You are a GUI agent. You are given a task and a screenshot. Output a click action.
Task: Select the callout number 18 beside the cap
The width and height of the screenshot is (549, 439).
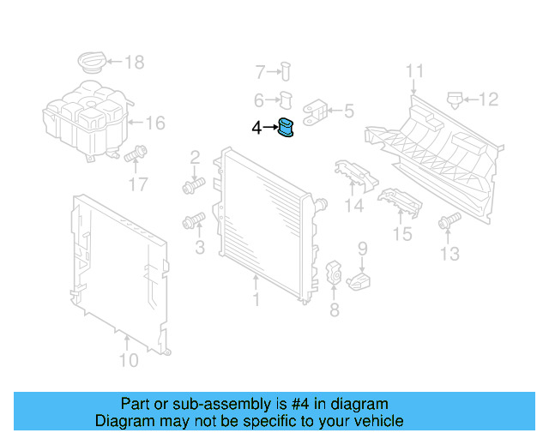(x=135, y=62)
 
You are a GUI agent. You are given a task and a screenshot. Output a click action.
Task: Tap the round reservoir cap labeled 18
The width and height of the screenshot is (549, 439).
(x=91, y=63)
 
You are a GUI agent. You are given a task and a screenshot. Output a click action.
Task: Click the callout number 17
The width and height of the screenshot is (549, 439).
(x=137, y=183)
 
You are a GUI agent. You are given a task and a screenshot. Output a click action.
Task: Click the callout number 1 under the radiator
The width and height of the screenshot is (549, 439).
(x=256, y=300)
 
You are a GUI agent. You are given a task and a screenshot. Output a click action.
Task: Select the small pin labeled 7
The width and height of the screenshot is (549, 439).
(x=287, y=72)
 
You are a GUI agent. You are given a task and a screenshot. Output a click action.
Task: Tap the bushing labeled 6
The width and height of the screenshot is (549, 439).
(x=287, y=99)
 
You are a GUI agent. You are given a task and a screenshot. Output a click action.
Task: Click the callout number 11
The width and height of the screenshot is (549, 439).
(x=415, y=71)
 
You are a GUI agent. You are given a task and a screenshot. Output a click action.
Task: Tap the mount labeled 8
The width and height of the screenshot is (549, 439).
(x=335, y=274)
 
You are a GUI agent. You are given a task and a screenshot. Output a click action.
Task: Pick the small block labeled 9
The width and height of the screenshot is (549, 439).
(x=361, y=280)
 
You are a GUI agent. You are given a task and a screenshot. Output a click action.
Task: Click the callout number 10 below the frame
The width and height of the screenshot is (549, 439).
(x=128, y=361)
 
